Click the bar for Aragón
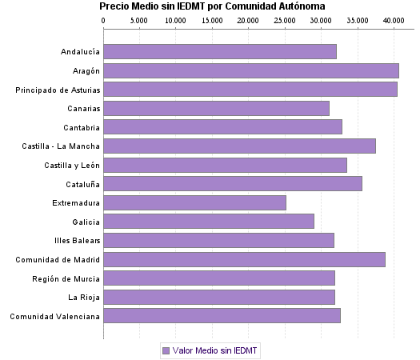coord(250,70)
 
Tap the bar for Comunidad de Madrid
coord(244,259)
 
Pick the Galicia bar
coord(208,221)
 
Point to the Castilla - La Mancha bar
coord(239,146)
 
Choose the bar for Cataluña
coord(232,183)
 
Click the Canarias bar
coord(216,108)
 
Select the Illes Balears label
coord(75,241)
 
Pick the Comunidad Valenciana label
coord(55,316)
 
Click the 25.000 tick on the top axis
coord(284,18)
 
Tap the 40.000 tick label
coord(393,18)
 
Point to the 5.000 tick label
coord(139,18)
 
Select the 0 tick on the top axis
coord(103,18)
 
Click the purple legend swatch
coord(166,350)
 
